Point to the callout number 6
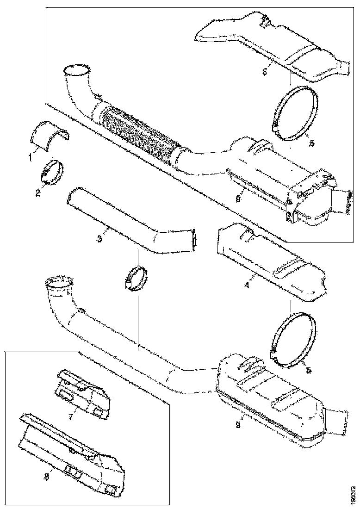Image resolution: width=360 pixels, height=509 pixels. pyautogui.click(x=264, y=72)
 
